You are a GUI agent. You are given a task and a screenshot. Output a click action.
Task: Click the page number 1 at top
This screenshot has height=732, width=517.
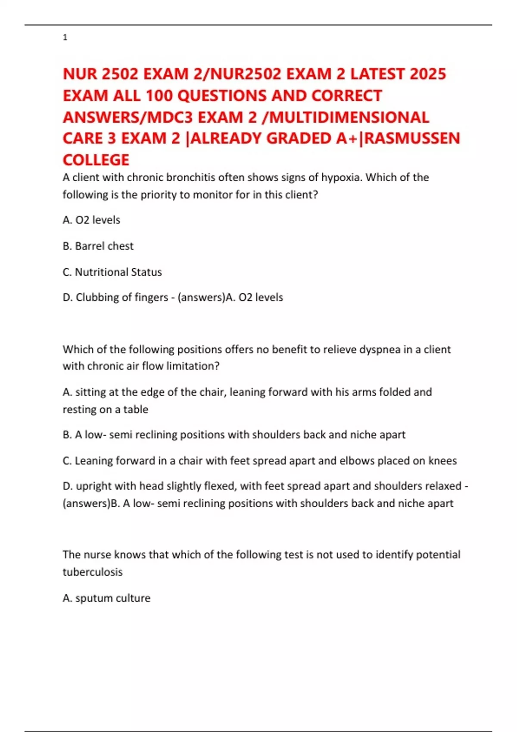[x=65, y=37]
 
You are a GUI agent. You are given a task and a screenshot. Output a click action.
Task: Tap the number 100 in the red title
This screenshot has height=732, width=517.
[x=159, y=96]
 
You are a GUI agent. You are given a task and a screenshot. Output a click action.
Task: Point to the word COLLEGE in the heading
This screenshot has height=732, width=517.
[x=96, y=160]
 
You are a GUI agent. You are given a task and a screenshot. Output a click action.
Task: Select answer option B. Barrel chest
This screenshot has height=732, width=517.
[x=98, y=246]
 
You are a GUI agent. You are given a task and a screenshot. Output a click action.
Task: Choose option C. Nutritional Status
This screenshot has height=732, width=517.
[x=112, y=272]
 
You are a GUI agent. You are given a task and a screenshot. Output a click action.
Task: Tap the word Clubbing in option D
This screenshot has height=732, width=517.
[x=97, y=297]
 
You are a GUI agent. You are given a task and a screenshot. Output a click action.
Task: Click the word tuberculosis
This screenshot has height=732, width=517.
[x=93, y=572]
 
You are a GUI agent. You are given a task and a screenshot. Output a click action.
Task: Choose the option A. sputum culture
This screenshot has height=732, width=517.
[x=107, y=598]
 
